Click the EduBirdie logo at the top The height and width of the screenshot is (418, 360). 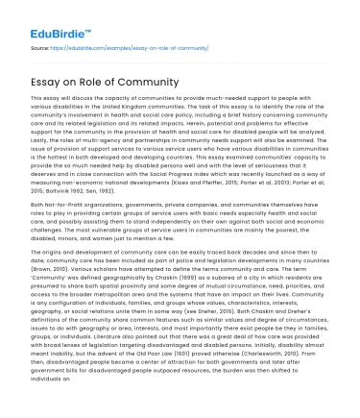pyautogui.click(x=49, y=18)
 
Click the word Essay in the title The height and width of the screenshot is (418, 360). pyautogui.click(x=52, y=79)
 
